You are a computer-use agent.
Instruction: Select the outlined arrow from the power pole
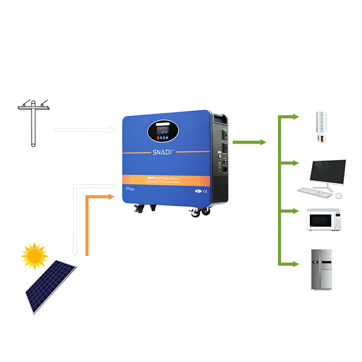coord(85,130)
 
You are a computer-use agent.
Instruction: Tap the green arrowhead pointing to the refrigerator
coord(295,264)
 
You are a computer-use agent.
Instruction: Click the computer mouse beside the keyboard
coord(338,196)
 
